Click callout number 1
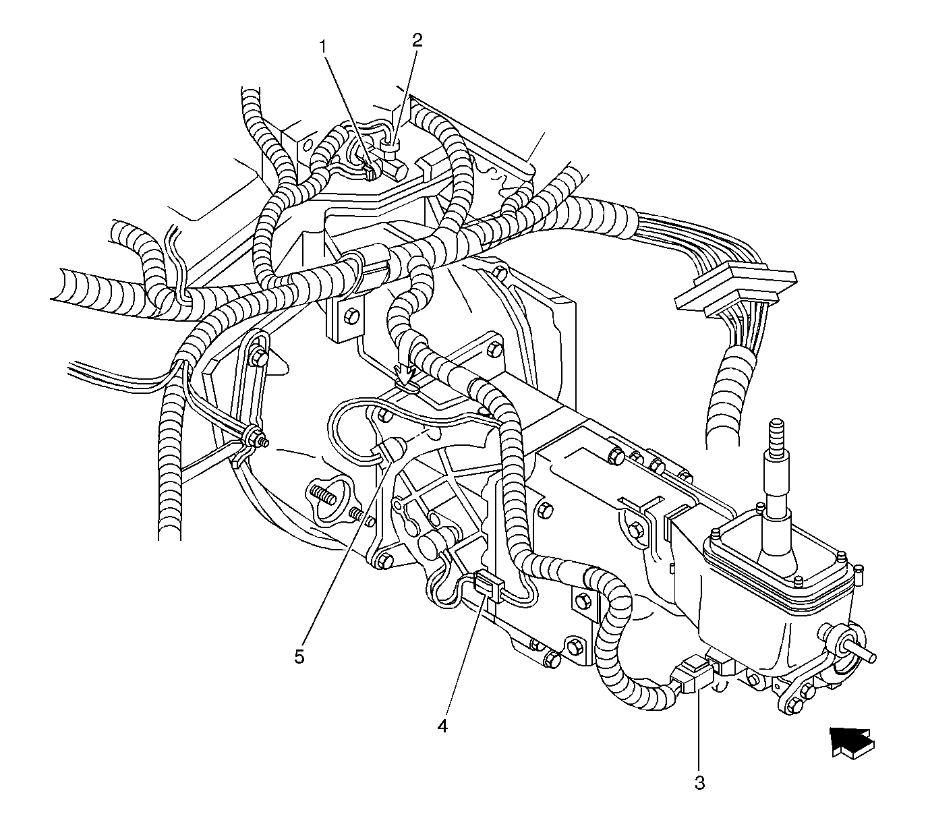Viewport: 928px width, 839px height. point(324,47)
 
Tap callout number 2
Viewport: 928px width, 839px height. point(417,40)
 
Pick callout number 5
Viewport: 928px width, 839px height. point(299,657)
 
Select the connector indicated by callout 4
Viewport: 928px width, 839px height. point(488,585)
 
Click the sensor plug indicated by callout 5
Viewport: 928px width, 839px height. point(388,450)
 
